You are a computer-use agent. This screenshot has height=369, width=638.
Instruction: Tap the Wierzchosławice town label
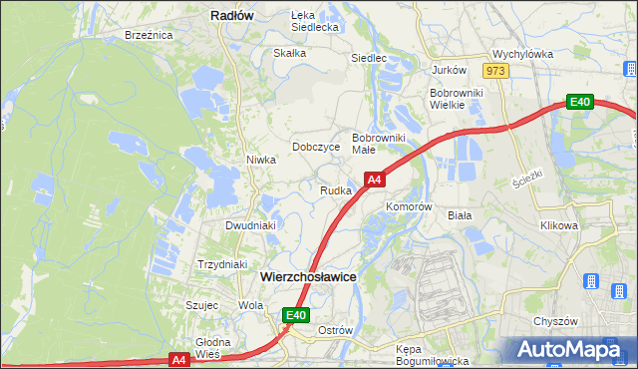coord(308,277)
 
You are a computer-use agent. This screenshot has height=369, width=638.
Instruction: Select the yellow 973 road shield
coord(495,71)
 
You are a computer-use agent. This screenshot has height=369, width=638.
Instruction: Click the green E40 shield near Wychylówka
coord(580,102)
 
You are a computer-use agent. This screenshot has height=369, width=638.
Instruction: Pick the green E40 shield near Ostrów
coord(295,315)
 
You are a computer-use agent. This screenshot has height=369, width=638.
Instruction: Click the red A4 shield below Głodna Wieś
coord(178,359)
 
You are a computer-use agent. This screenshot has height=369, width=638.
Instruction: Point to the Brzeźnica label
coord(150,35)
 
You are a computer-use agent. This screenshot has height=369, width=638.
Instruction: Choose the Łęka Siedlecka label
coord(315,21)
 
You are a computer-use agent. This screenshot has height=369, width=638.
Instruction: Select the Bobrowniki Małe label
coord(378,143)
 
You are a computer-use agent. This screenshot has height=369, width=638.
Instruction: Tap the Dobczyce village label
coord(316,147)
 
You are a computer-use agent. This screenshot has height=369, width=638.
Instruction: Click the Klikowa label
coord(559,225)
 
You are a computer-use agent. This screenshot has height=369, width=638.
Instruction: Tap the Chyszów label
coord(556,321)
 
